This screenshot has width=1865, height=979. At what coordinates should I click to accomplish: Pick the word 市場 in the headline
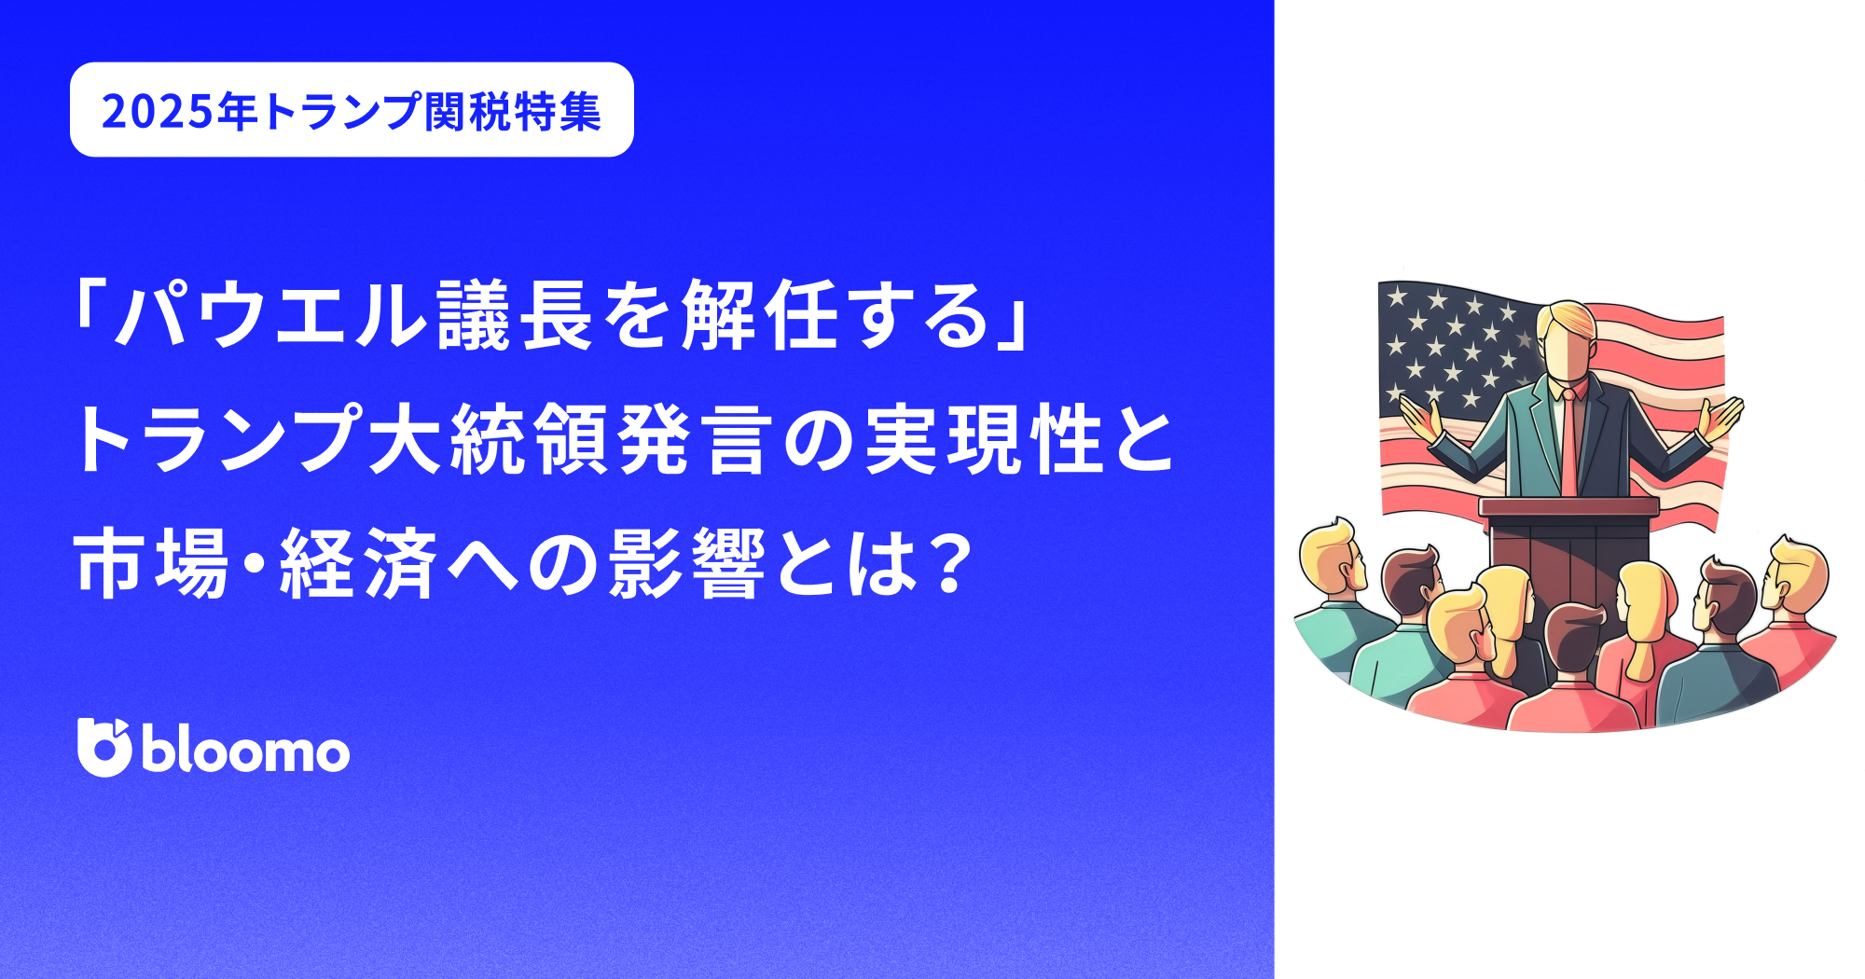153,563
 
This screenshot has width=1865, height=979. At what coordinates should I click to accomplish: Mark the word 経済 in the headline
359,563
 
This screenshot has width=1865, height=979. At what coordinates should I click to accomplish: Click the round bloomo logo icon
104,747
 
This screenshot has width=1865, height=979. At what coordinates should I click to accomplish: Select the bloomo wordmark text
246,751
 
